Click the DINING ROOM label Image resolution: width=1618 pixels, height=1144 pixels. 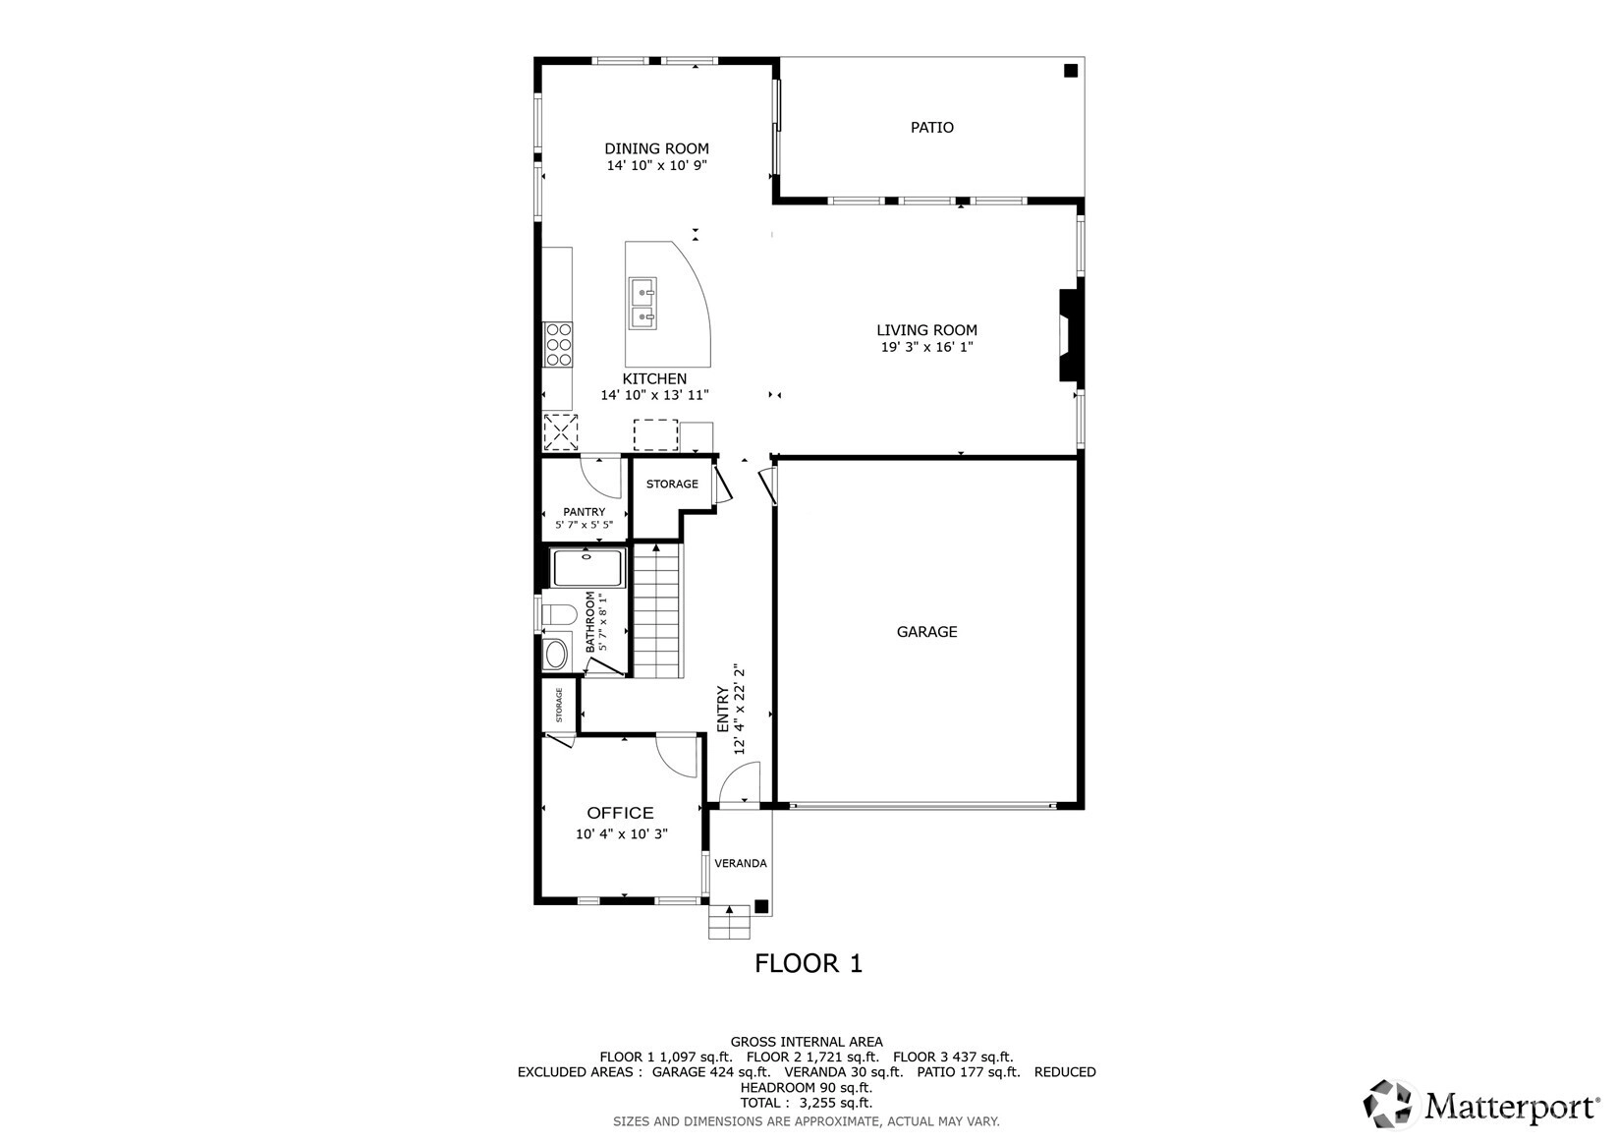656,148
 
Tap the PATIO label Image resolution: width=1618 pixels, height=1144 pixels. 931,128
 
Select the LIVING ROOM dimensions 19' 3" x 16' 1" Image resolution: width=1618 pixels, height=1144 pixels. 926,347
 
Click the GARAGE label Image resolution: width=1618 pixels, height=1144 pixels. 926,632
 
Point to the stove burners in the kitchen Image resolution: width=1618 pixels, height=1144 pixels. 558,345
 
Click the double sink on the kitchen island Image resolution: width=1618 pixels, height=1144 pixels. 642,304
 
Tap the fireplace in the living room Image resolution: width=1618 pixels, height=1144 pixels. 1068,335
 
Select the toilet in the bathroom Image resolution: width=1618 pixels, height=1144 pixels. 558,614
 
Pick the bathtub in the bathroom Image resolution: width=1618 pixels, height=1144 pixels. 587,568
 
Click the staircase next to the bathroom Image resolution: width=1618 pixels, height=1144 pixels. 657,610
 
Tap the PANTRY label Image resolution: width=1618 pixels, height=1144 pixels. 585,512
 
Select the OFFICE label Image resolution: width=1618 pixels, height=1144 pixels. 621,813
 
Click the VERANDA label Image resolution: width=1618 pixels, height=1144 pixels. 741,863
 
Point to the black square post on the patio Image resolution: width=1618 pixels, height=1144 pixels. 1071,71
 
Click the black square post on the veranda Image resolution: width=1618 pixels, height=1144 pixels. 761,906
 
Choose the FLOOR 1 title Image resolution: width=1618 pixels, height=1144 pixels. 809,963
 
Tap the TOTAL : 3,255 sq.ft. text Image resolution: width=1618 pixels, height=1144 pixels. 807,1103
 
